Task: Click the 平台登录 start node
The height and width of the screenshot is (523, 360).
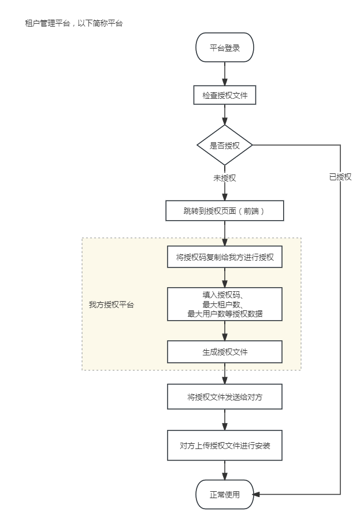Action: pos(225,48)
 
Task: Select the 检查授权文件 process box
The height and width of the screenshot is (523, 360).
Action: pos(225,95)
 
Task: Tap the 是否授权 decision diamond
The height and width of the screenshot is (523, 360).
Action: pos(225,146)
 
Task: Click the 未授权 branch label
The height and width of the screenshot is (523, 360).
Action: pos(225,178)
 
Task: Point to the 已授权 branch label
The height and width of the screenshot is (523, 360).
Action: pos(340,177)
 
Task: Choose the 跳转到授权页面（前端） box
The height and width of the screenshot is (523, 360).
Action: pos(225,211)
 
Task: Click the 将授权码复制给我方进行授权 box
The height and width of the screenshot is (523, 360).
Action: pos(225,257)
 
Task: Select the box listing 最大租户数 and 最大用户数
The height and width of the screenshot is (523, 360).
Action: pos(225,304)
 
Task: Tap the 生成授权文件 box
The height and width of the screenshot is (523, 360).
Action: pos(225,351)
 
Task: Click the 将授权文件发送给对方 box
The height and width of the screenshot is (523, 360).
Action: pos(225,397)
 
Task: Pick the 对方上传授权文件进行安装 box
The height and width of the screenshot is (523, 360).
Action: pos(225,446)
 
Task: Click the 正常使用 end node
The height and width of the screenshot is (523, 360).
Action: pos(225,495)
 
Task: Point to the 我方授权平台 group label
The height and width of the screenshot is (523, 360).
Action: pos(111,305)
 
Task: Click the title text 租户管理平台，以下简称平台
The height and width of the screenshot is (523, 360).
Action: pos(74,24)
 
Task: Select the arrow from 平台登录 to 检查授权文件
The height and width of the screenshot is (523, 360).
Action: pos(225,74)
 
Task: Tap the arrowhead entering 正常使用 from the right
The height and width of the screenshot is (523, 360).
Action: pos(258,495)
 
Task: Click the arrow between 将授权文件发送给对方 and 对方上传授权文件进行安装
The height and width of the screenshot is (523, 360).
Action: pos(225,420)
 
